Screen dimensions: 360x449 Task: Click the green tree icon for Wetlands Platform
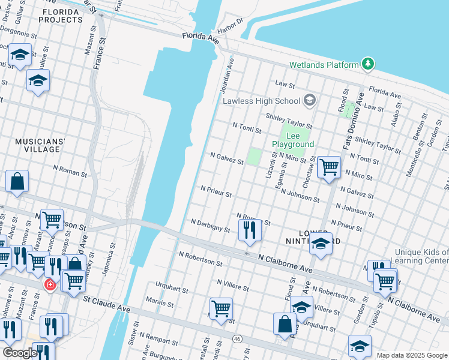(x=367, y=64)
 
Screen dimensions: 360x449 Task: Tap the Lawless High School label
(x=261, y=100)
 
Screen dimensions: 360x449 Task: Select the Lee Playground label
(x=293, y=140)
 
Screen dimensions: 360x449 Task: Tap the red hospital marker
(x=50, y=284)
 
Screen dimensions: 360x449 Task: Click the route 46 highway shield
(x=238, y=339)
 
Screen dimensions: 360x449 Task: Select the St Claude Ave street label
(x=107, y=303)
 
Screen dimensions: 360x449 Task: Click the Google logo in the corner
(x=20, y=353)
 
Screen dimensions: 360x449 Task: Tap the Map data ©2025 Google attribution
(x=412, y=355)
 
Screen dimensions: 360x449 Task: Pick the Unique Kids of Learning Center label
(x=421, y=256)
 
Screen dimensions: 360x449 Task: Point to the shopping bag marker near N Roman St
(x=17, y=181)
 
